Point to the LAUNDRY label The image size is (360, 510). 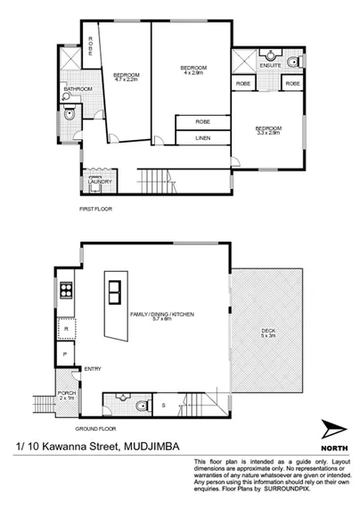coord(95,182)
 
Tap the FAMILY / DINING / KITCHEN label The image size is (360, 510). coord(162,315)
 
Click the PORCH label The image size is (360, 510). coord(65,393)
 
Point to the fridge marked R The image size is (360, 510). coord(66,330)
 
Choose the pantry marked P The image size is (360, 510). coord(66,354)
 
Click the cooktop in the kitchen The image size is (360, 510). coord(65,290)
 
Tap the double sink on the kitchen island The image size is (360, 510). coord(115,291)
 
